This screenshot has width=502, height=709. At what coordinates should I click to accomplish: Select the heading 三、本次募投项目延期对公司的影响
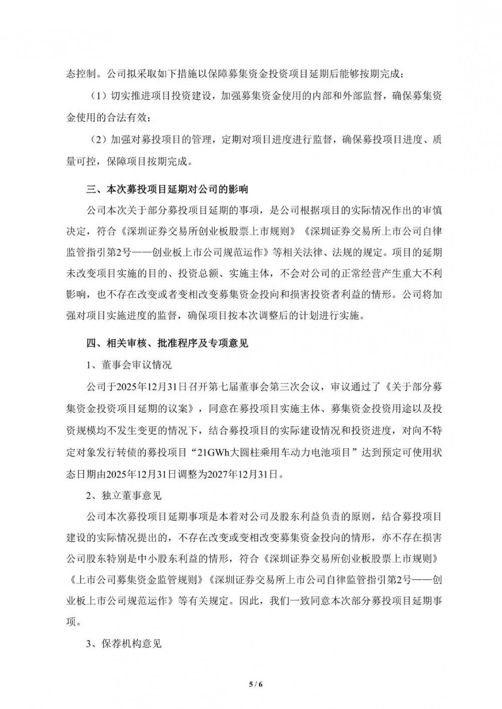coord(167,190)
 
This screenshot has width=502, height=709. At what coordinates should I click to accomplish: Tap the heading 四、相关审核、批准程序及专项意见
coord(167,343)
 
